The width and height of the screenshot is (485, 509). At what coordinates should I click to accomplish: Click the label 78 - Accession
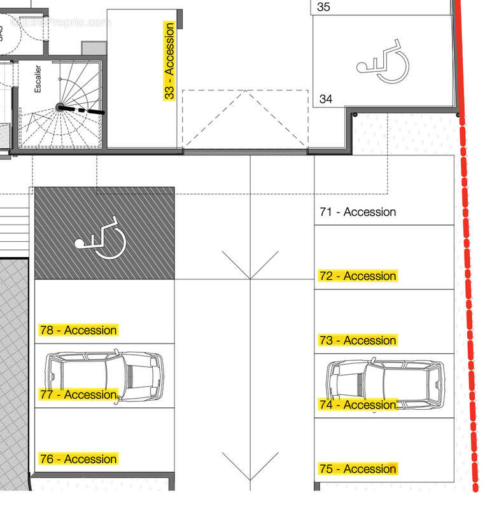(x=78, y=330)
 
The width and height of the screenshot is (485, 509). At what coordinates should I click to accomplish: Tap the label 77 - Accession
(x=78, y=394)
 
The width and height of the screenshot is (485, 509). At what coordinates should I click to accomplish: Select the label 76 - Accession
(x=78, y=459)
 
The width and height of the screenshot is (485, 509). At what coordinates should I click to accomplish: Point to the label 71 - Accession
(x=358, y=212)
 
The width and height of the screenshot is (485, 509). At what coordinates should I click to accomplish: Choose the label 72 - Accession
(x=358, y=276)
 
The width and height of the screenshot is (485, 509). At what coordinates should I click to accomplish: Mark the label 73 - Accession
(x=358, y=340)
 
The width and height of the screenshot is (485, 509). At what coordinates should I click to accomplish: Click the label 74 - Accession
(x=358, y=405)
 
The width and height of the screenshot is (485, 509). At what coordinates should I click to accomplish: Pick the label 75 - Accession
(x=358, y=469)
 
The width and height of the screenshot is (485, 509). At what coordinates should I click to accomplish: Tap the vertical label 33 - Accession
(x=169, y=61)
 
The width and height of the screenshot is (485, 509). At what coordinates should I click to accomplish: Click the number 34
(x=326, y=99)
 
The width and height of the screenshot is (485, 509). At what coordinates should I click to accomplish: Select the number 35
(x=324, y=8)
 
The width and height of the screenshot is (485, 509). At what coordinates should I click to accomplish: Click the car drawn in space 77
(x=104, y=375)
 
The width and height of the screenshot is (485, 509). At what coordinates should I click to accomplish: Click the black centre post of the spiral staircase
(x=59, y=108)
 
